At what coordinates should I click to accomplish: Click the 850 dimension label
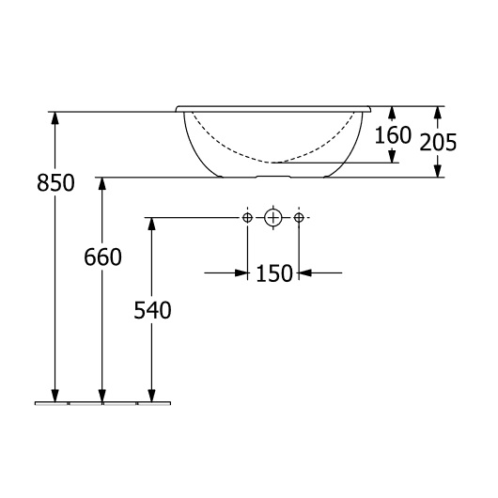(x=55, y=183)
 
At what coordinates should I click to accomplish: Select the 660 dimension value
(x=102, y=257)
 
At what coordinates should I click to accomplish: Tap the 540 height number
(x=152, y=310)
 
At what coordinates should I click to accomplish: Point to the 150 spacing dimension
(x=273, y=273)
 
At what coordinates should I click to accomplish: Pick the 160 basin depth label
(x=393, y=135)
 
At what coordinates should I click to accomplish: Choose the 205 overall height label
(x=438, y=142)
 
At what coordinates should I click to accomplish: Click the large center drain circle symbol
(x=272, y=218)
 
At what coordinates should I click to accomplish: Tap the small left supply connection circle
(x=247, y=218)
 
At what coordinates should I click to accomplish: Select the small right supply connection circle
(x=299, y=218)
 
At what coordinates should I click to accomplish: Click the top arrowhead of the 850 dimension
(x=55, y=118)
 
